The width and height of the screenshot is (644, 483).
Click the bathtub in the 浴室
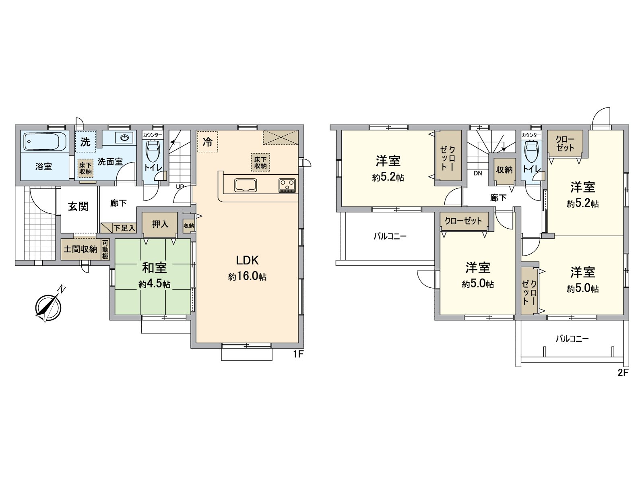coord(44,142)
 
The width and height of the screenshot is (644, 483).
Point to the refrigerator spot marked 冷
coord(207,142)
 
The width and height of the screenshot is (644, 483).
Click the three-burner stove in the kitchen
coord(287,186)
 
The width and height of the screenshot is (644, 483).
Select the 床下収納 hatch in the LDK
coord(260,162)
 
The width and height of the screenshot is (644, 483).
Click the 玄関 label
coord(78,206)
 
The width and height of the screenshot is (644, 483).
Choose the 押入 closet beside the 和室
coord(160,224)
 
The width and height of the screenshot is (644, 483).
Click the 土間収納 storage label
coord(80,249)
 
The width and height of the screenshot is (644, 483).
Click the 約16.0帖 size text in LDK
coord(247,277)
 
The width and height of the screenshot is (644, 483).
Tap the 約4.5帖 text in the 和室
coord(154,285)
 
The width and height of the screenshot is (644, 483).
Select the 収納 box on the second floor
coord(504,169)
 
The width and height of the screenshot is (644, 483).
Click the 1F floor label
coord(298,355)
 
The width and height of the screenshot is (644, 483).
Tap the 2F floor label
coord(623,373)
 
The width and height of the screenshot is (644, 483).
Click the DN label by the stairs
coord(478,174)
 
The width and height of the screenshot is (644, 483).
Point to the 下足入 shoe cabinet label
coord(124,228)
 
